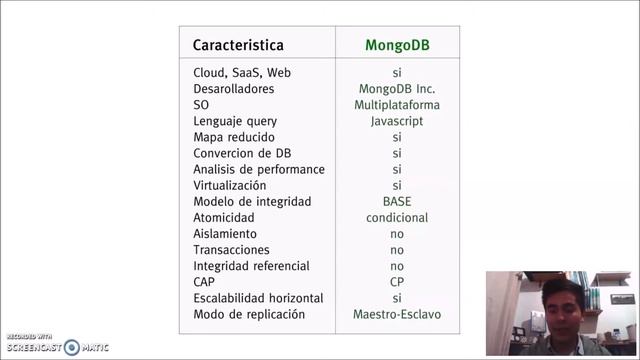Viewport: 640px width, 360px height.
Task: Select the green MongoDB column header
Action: [x=397, y=45]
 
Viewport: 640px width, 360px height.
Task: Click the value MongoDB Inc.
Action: [x=397, y=89]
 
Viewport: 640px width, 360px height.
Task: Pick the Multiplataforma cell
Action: [x=397, y=105]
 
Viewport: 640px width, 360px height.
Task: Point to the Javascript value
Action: [x=397, y=121]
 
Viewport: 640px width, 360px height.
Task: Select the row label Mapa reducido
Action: [x=233, y=137]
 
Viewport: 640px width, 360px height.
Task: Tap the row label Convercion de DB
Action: [x=241, y=153]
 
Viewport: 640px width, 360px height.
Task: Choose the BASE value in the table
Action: [x=397, y=201]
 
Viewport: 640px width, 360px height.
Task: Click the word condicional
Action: [x=397, y=217]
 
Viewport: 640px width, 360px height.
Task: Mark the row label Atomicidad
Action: [x=224, y=217]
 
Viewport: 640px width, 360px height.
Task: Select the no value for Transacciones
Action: [x=397, y=250]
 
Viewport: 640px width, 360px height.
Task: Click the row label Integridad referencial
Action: [x=251, y=266]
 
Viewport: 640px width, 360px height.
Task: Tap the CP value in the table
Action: [x=397, y=282]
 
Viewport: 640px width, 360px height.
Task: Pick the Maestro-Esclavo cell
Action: [x=397, y=314]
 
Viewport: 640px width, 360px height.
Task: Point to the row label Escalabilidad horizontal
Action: [x=258, y=298]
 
